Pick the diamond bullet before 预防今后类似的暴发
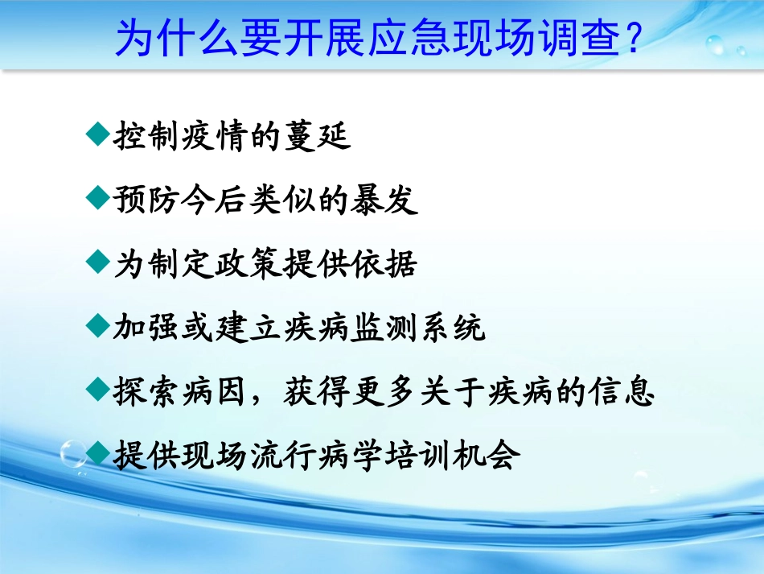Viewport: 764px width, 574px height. pos(97,196)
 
